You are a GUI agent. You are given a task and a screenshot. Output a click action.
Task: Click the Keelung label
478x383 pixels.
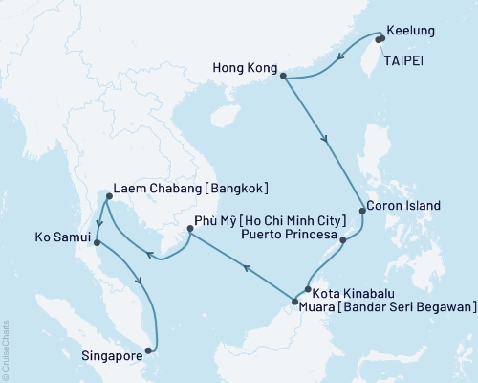coord(413,31)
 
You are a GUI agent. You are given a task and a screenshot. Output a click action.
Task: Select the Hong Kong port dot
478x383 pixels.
coord(284,72)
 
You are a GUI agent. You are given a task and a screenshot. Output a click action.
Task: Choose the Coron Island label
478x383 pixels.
coord(404,206)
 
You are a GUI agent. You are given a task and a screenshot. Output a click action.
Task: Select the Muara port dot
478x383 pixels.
coord(294,304)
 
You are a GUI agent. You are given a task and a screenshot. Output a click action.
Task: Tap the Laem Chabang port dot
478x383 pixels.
coord(107,197)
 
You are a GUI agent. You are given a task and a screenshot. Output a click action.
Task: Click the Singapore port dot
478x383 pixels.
coord(146,350)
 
